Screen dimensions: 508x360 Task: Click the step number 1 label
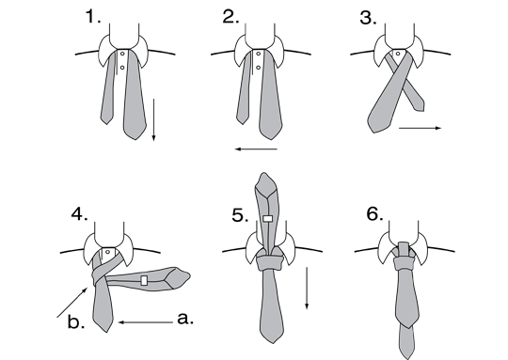93,17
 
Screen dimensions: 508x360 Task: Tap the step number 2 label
230,17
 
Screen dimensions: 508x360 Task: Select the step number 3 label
368,18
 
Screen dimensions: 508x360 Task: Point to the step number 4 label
79,214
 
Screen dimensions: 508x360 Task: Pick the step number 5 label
240,215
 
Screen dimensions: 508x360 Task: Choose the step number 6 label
374,214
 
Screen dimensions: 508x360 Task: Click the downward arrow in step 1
154,119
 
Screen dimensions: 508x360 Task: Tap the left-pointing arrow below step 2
256,149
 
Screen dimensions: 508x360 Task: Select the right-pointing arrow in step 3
420,128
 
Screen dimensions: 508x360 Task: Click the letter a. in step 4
185,319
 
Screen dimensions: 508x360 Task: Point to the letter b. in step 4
76,321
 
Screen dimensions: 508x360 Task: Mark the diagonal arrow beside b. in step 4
72,302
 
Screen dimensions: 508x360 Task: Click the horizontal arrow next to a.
146,322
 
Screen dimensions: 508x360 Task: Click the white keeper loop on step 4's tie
144,280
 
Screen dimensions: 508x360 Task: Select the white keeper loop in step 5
267,218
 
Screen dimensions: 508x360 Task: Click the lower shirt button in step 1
122,68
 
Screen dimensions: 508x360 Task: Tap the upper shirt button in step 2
258,54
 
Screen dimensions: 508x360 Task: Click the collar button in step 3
398,54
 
